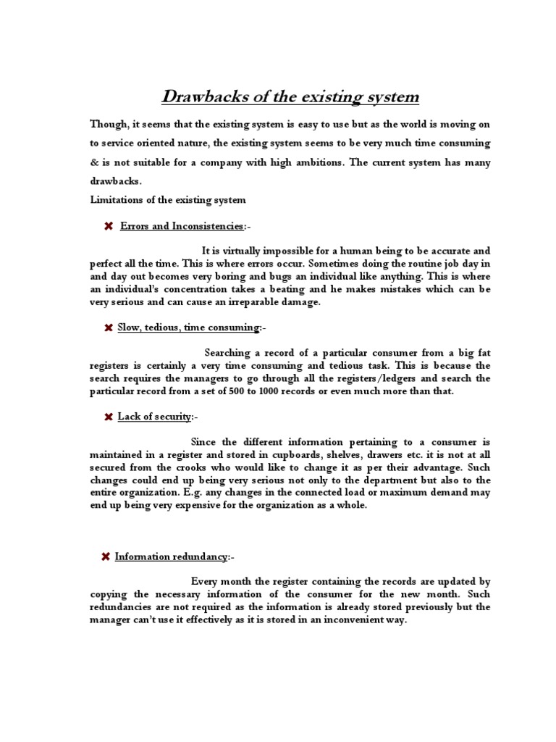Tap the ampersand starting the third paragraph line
pos(94,162)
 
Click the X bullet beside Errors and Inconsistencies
pos(108,227)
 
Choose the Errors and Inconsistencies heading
pos(183,227)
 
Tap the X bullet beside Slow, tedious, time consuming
pos(108,328)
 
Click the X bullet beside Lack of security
pos(108,417)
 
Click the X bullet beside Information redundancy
pos(106,556)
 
